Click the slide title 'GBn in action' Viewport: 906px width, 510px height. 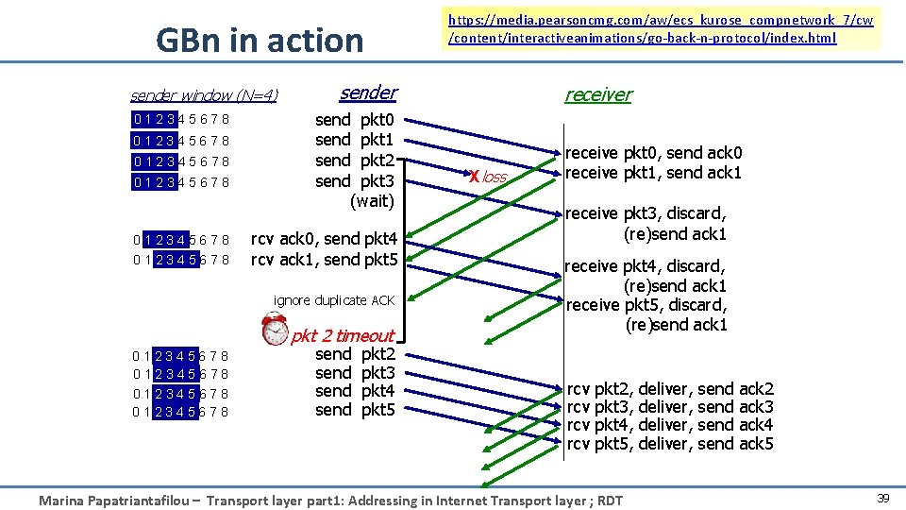[x=260, y=41]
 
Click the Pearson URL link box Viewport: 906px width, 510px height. [x=661, y=28]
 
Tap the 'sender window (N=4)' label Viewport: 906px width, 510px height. [x=204, y=95]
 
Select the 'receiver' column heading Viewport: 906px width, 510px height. [x=597, y=94]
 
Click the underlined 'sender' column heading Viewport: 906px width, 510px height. [x=368, y=93]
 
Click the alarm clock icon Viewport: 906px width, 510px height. [x=276, y=328]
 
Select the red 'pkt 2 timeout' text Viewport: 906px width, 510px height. [x=343, y=335]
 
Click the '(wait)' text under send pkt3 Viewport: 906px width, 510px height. [x=372, y=200]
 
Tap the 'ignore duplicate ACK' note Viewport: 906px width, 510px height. [x=334, y=300]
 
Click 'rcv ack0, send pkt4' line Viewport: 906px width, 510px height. [x=324, y=239]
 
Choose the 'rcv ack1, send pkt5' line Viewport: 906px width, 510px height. [x=324, y=259]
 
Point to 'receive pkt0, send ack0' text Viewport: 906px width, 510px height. [x=653, y=153]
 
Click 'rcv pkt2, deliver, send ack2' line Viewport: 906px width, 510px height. [x=670, y=389]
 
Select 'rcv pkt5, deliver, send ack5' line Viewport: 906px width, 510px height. [x=670, y=444]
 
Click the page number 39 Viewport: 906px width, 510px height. [x=883, y=498]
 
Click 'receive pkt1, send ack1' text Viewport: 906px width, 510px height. [x=653, y=173]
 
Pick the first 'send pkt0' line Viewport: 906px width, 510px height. [x=355, y=120]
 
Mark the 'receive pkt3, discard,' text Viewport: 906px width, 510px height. [x=646, y=213]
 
